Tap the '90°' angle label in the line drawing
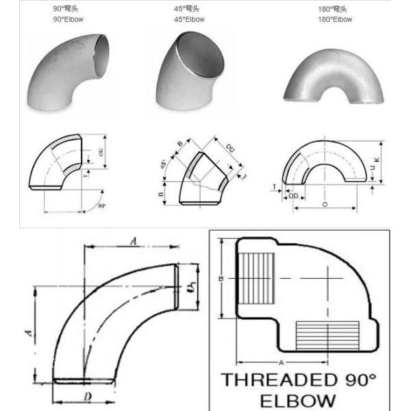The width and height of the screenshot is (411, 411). pos(101,205)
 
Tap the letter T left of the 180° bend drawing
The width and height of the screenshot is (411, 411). pos(274,186)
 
